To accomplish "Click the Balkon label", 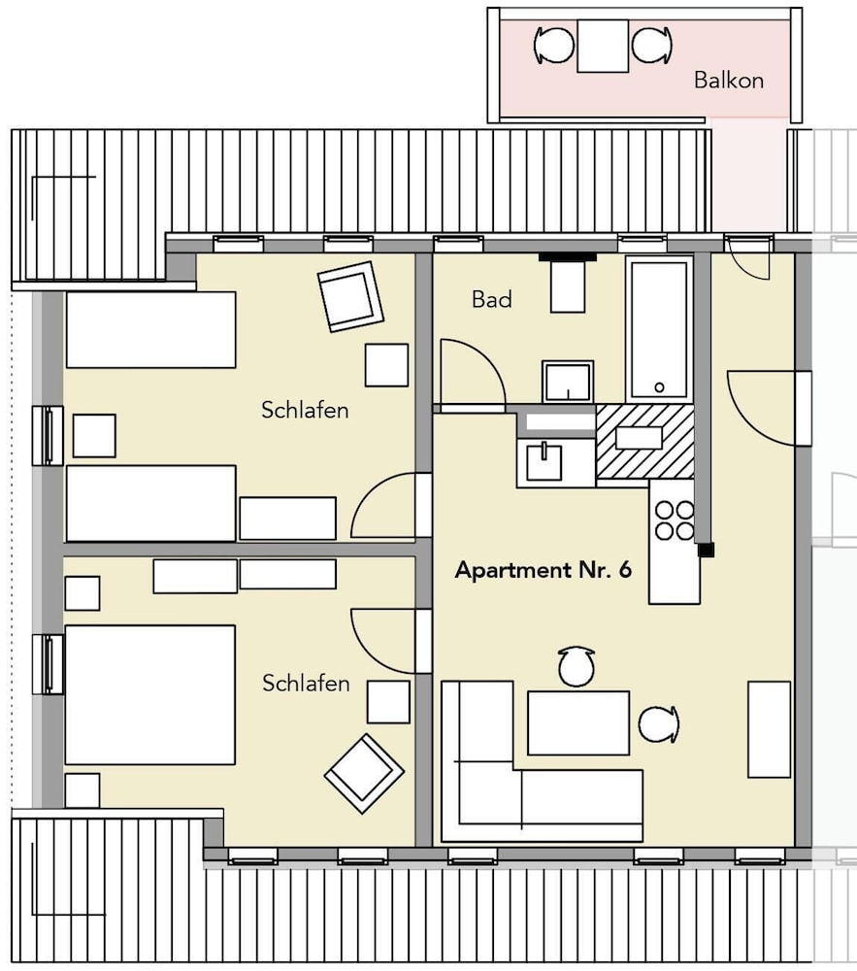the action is coord(728,80).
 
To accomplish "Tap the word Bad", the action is coord(492,300).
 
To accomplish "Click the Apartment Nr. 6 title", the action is coord(544,570).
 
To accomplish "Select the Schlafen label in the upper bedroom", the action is coord(305,410).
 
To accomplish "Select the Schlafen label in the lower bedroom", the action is coord(306,683).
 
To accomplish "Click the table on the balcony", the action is coord(603,46).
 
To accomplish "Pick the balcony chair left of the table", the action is coord(554,46).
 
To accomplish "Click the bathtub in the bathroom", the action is coord(659,329).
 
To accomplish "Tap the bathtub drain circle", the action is coord(659,387).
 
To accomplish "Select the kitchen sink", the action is coord(544,460).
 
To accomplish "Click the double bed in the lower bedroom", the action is coord(150,695).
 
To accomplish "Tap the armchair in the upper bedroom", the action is coord(350,296).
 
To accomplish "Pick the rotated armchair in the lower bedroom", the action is coord(365,774).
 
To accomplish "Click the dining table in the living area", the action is coord(577,722).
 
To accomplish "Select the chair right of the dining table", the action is coord(658,724).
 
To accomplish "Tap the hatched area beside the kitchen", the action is coord(644,441).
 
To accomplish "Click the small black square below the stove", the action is coord(706,550).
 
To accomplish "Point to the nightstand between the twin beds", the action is coord(94,436).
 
